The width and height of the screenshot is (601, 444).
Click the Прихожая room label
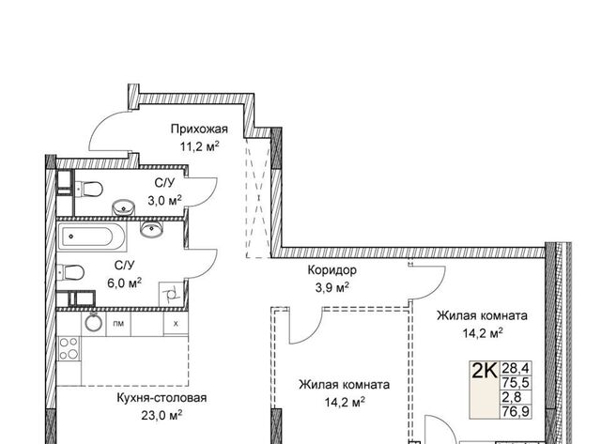click(199, 130)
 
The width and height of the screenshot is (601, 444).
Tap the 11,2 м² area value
click(200, 146)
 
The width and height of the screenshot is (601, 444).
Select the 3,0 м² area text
click(165, 200)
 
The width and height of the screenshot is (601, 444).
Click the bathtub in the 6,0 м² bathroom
click(92, 236)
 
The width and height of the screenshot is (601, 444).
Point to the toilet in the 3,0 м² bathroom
click(89, 189)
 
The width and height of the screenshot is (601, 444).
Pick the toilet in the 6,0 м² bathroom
click(70, 273)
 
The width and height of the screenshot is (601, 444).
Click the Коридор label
click(331, 270)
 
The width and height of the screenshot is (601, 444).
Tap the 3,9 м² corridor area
click(331, 287)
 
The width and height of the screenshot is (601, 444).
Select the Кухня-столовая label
click(162, 398)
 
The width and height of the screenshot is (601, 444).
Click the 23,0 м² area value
click(162, 415)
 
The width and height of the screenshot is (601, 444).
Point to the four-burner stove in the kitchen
click(69, 348)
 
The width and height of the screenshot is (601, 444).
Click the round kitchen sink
click(94, 322)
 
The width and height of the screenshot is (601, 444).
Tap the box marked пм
click(118, 324)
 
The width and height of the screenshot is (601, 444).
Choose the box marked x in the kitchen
click(176, 324)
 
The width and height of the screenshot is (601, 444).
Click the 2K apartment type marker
click(485, 370)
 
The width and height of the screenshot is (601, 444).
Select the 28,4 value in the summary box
click(516, 369)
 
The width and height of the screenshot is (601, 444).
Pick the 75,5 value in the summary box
click(516, 383)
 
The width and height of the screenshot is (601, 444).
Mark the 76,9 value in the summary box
click(516, 411)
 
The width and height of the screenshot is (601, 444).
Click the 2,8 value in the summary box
click(511, 397)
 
